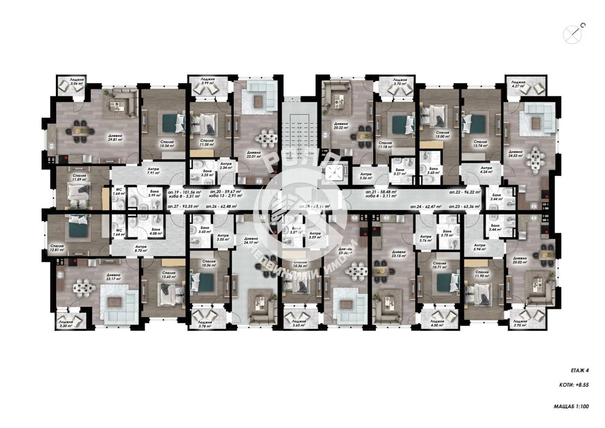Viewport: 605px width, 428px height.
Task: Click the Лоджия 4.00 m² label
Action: [x=437, y=323]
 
